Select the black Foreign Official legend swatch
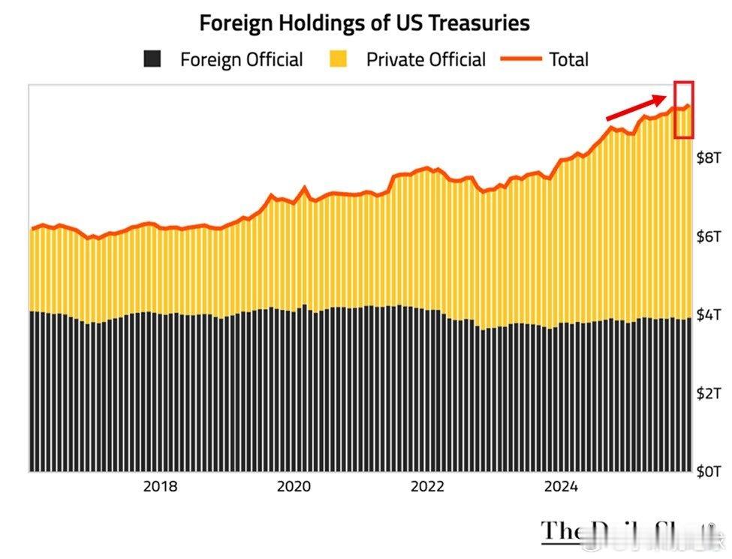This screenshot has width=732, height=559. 153,59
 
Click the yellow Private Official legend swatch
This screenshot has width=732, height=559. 339,59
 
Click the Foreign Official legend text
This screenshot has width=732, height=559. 242,59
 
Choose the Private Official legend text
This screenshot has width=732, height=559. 426,59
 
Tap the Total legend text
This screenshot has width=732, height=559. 569,59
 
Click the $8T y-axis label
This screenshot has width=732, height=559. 709,158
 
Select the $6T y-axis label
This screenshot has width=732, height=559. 709,236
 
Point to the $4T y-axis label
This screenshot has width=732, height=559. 709,314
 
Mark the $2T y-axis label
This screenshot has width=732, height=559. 709,393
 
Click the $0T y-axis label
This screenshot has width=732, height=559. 709,471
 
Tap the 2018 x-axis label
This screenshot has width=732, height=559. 160,486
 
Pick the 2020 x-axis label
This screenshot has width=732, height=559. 294,486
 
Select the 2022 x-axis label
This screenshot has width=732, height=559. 428,486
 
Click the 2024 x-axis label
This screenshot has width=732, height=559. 561,486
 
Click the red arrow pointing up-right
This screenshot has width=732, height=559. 636,107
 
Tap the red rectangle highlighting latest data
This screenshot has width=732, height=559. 683,110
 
